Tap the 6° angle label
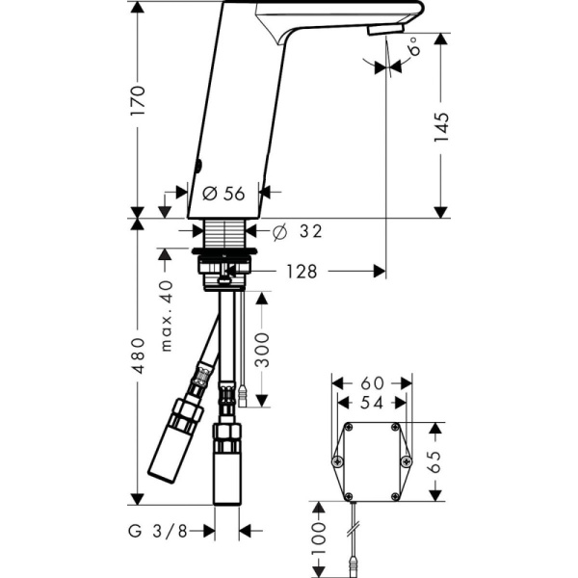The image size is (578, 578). click(413, 47)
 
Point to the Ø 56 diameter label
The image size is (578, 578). click(224, 194)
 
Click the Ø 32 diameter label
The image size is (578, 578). click(298, 231)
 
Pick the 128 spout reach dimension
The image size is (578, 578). click(301, 273)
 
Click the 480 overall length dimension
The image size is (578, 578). click(139, 356)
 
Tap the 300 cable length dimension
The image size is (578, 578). click(274, 355)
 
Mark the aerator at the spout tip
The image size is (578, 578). click(381, 30)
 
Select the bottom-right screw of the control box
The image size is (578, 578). click(394, 496)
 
